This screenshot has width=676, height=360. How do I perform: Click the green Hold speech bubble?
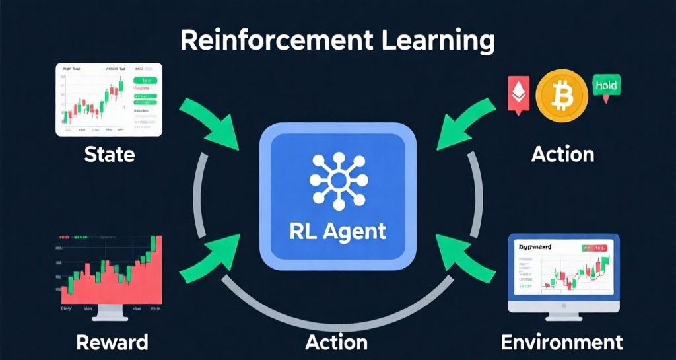click(607, 87)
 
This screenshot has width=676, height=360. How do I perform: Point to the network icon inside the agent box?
click(337, 180)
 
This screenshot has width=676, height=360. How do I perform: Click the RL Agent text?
click(337, 232)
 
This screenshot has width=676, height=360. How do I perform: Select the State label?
click(110, 155)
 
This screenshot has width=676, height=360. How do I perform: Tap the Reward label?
click(112, 342)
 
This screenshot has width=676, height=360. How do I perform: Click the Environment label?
click(562, 342)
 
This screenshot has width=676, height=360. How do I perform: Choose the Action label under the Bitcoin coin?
click(562, 155)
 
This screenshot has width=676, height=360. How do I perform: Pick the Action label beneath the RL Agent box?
click(337, 342)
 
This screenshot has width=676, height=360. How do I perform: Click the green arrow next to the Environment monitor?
click(467, 262)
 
